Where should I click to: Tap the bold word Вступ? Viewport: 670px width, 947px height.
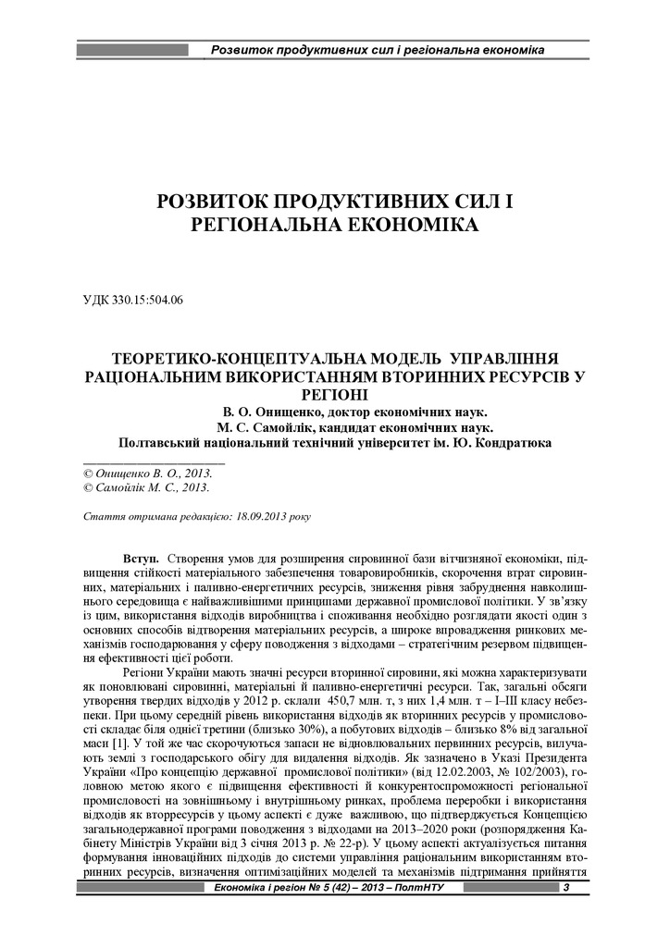coord(141,560)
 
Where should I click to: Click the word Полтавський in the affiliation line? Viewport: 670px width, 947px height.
coord(158,442)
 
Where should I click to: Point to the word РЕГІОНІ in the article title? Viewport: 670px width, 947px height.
coord(335,392)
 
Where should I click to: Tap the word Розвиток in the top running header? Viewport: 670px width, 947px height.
coord(240,48)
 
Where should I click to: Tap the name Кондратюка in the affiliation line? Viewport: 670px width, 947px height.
coord(514,442)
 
